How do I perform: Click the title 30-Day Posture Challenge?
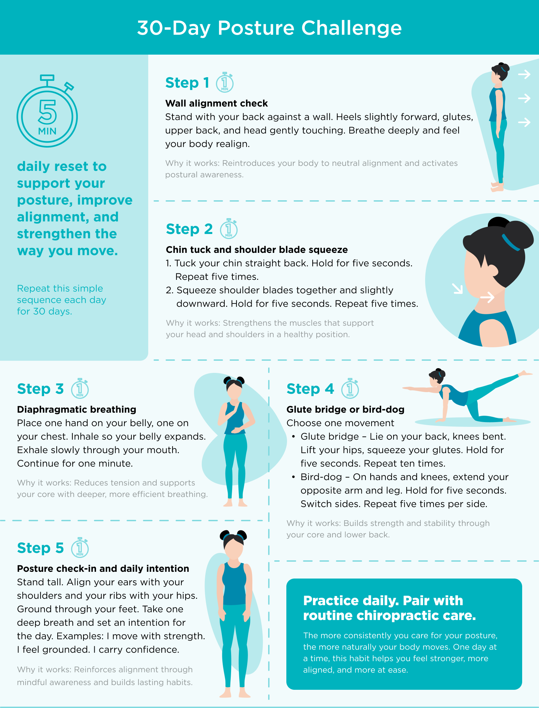(x=269, y=28)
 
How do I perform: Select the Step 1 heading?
(x=187, y=83)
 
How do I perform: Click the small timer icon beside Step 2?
(x=229, y=229)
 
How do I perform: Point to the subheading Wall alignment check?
(x=216, y=103)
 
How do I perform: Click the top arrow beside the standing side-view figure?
(x=524, y=74)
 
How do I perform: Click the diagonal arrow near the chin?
(x=457, y=289)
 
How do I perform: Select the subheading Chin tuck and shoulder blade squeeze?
(x=257, y=249)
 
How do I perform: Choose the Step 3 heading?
(x=40, y=389)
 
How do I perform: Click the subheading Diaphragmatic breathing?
(x=76, y=409)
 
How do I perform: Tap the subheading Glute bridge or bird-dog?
(x=345, y=409)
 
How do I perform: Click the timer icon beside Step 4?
(x=350, y=389)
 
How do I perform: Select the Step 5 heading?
(x=40, y=548)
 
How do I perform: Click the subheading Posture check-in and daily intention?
(x=103, y=568)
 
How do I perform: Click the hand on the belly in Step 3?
(x=238, y=430)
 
